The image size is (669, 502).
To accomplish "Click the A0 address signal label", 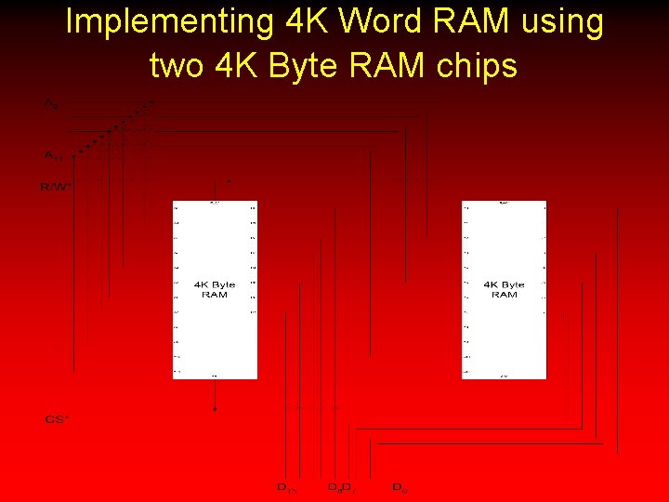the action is [51, 104].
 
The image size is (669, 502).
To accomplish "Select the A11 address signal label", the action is [53, 155].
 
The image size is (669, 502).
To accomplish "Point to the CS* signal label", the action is [57, 420].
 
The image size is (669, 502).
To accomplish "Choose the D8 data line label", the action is [334, 487].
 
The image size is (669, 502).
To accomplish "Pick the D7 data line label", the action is [347, 487].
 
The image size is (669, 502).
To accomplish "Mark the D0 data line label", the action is [399, 487].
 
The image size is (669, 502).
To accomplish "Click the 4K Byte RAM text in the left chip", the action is [215, 290].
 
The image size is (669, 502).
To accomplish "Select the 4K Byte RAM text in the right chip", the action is [504, 290].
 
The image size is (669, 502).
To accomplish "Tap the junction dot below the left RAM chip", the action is [215, 408].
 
